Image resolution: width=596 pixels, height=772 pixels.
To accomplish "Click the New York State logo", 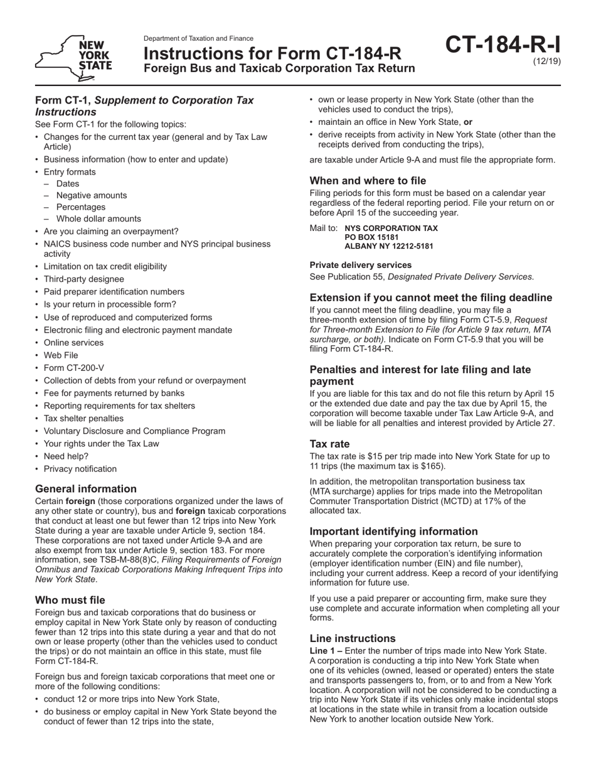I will click(74, 58).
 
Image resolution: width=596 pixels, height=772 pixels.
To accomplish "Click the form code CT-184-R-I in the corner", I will click(504, 46).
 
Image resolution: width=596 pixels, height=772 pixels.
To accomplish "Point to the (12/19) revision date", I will click(547, 62).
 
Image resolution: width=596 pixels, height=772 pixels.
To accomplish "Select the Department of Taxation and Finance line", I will click(198, 38).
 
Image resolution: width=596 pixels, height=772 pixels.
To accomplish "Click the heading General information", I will click(85, 488).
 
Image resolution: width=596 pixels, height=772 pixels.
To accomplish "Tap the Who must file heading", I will click(70, 599).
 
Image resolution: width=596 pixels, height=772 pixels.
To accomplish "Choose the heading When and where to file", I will click(368, 181).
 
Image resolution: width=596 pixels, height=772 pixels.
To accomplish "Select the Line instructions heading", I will click(352, 638).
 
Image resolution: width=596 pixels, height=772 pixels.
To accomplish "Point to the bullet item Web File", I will click(61, 355).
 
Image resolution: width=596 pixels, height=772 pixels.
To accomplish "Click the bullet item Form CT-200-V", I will click(73, 368).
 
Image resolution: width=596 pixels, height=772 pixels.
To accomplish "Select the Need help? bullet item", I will click(66, 456).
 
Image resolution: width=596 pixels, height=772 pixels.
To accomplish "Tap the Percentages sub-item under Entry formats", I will click(81, 207).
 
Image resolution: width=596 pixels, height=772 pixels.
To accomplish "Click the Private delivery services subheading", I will click(360, 265).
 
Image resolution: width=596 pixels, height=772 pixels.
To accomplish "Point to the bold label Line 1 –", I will click(326, 651).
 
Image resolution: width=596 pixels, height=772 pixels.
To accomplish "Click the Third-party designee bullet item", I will click(83, 279).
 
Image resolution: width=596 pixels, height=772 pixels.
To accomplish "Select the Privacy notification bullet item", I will click(80, 469).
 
